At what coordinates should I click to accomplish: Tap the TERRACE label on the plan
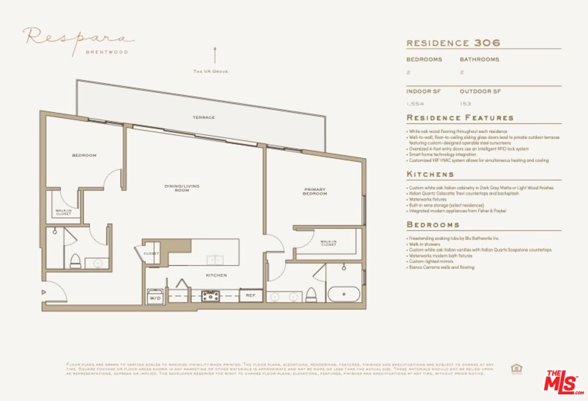click(x=204, y=118)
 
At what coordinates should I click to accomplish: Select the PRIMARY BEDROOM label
click(x=315, y=192)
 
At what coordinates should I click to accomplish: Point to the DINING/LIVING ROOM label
click(x=182, y=188)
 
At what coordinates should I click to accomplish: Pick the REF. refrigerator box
click(x=251, y=295)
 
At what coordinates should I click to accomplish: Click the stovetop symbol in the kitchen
click(x=210, y=296)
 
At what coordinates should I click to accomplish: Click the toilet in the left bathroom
click(x=75, y=260)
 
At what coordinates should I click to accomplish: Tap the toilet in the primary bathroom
click(x=312, y=294)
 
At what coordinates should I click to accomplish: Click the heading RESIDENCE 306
click(x=453, y=43)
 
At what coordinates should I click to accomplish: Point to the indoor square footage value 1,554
click(x=414, y=104)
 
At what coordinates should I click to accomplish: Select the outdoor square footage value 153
click(x=465, y=104)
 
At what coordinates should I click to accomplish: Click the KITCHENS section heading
click(x=430, y=174)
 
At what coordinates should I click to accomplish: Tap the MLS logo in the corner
click(x=563, y=382)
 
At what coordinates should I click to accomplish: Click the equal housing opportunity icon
click(x=516, y=368)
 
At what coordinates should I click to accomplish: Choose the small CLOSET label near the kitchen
click(x=151, y=253)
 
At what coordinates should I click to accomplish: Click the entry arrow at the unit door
click(x=44, y=292)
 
